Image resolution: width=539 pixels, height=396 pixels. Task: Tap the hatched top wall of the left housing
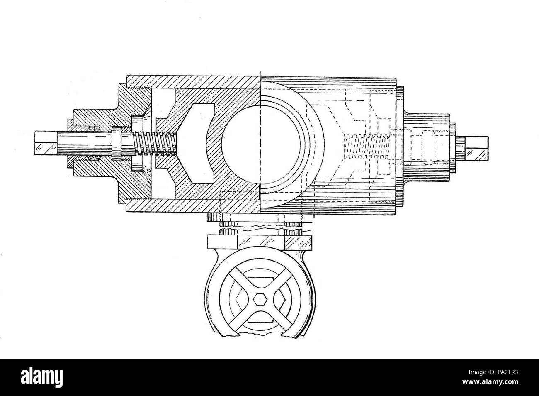point(191,82)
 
